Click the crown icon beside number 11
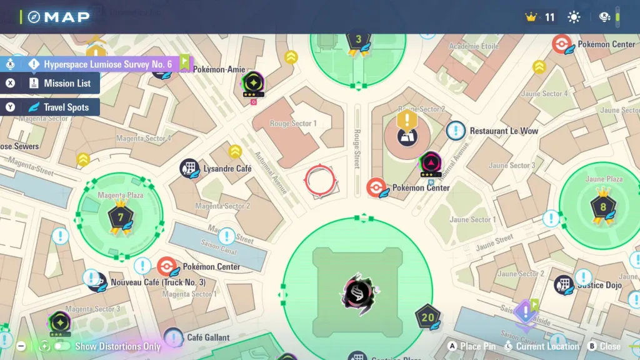click(531, 17)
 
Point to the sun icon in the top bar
click(574, 17)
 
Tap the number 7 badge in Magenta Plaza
click(119, 218)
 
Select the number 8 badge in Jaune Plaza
click(602, 207)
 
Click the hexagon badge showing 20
click(427, 317)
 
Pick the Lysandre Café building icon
click(189, 168)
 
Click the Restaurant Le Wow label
click(504, 131)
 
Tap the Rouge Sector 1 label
click(293, 124)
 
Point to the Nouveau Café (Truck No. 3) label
click(157, 282)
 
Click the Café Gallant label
click(208, 337)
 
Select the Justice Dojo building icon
click(564, 285)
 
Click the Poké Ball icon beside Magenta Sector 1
click(167, 267)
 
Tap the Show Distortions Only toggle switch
click(62, 346)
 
